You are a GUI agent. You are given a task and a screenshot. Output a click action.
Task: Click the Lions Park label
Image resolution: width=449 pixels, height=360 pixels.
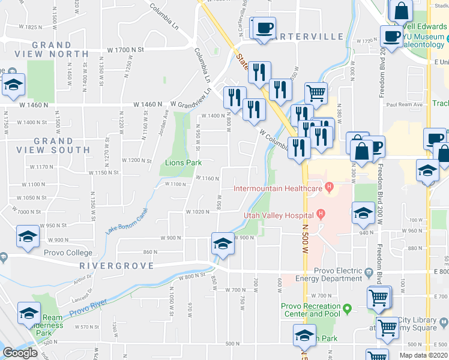coord(183,163)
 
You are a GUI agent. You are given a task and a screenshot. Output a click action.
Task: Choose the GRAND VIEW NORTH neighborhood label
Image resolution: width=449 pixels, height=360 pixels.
coord(60,49)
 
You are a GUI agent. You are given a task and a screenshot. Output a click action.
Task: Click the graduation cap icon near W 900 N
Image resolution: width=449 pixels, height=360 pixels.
coord(222,244)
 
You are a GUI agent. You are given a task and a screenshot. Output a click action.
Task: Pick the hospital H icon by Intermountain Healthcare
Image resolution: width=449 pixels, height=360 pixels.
coord(329,188)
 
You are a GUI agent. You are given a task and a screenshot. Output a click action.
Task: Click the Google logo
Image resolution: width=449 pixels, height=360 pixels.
coord(20,353)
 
